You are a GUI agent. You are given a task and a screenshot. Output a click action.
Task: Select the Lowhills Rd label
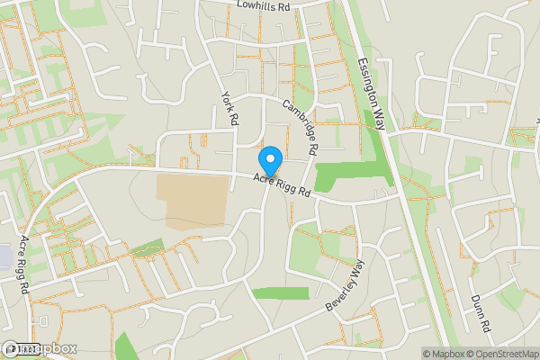click(265, 5)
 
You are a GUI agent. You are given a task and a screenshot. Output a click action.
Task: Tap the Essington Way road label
click(371, 94)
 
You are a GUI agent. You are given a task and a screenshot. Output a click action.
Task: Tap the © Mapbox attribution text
click(443, 354)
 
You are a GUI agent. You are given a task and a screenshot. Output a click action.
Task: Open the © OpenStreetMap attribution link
click(502, 354)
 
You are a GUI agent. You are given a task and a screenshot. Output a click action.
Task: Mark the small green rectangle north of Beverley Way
click(279, 293)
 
